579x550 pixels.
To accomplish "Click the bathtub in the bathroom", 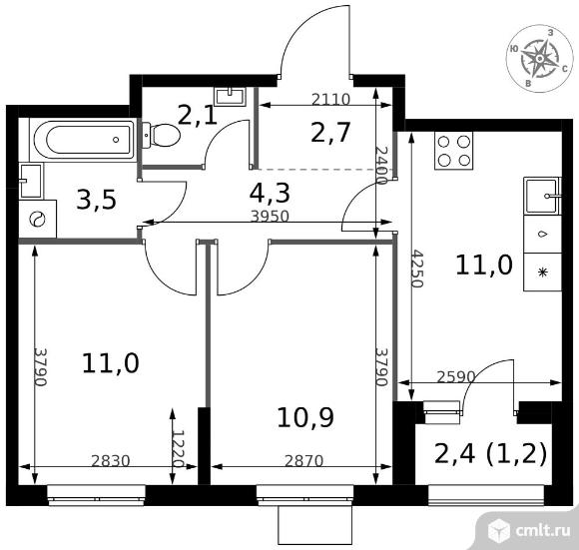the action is coord(84,140).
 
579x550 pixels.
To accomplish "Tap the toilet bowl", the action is coord(162,135).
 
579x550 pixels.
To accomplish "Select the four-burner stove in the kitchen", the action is coord(454,151).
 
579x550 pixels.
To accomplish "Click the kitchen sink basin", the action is coord(542,196).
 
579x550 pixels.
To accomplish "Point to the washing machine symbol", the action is coord(37,220).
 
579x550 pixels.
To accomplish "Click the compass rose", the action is coord(539,59).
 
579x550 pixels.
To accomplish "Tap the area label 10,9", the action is coord(305,417).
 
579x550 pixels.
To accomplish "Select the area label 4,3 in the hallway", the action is coord(270,194).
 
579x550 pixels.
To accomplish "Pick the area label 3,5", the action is coord(96,201).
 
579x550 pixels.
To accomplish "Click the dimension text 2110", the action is coord(330,99).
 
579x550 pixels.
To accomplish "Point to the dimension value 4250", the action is coord(417,269).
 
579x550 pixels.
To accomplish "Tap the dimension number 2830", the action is coord(111,461).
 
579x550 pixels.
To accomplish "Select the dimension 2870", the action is coord(303,461).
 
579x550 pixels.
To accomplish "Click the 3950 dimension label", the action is coord(270,216).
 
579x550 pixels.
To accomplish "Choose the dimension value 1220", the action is coord(179,449).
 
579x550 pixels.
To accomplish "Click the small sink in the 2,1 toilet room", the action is coord(231,96).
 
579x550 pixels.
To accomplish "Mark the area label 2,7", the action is coord(330,133).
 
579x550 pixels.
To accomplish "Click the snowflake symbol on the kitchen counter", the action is coord(542,273).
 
